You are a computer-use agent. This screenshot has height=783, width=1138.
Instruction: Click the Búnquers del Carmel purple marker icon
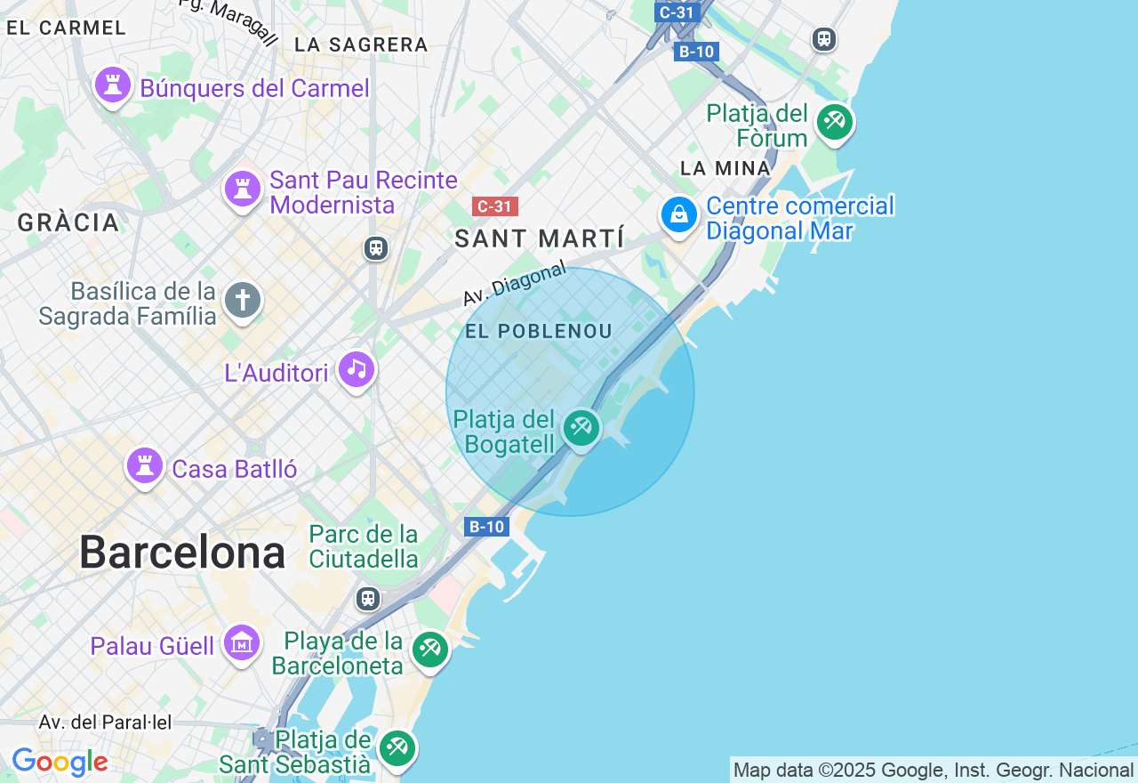(113, 86)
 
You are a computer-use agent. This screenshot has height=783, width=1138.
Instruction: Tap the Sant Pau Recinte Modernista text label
(363, 192)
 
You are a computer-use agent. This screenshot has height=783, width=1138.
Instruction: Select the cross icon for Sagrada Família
(243, 301)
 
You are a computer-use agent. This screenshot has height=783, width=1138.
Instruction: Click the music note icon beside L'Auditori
(357, 369)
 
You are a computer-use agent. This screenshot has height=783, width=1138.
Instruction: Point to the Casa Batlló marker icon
(144, 465)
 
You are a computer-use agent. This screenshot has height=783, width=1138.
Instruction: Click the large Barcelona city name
(182, 553)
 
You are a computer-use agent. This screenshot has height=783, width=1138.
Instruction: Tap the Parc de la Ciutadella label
(364, 546)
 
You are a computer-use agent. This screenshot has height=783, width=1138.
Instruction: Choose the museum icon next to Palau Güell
(242, 642)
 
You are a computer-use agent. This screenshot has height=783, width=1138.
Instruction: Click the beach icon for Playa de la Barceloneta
(430, 649)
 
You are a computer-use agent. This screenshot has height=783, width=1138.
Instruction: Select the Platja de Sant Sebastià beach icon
(397, 748)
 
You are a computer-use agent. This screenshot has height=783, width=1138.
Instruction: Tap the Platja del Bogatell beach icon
(581, 427)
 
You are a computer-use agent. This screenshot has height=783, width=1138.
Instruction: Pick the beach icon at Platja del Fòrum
(834, 121)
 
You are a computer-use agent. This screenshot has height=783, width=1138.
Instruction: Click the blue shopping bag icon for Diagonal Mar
(678, 214)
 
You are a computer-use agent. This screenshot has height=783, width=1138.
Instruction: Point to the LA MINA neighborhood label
(725, 168)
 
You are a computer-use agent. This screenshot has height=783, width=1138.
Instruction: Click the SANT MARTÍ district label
(539, 238)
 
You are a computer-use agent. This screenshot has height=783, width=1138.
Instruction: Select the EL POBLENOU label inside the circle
(539, 331)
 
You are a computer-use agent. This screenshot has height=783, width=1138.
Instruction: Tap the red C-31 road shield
(494, 206)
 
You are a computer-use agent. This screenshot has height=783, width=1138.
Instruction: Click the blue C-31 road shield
(677, 12)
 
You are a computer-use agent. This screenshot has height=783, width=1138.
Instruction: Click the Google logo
(60, 763)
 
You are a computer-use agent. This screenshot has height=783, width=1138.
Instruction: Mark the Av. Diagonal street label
(515, 284)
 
